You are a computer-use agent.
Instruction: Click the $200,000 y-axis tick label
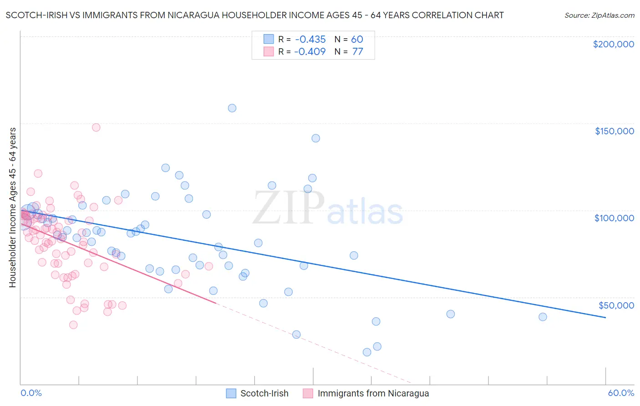[x=613, y=44]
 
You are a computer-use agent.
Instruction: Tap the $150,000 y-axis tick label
[x=614, y=131]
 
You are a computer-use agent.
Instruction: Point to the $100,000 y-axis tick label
[x=614, y=218]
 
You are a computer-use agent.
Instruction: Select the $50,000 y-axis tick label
[x=616, y=305]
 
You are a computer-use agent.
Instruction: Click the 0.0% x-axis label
[x=31, y=393]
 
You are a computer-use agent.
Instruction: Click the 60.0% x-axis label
[x=621, y=393]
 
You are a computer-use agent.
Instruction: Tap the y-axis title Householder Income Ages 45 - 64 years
[x=13, y=208]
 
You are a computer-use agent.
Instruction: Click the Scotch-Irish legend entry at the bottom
[x=264, y=393]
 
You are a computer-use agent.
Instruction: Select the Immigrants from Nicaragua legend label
[x=373, y=393]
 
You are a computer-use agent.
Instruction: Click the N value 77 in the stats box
[x=357, y=51]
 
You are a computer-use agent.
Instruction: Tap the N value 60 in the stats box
[x=357, y=40]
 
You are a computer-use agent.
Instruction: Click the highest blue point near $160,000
[x=232, y=108]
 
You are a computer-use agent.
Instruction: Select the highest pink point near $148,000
[x=96, y=127]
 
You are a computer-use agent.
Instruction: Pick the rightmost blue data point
[x=543, y=317]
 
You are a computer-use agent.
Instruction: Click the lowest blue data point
[x=367, y=352]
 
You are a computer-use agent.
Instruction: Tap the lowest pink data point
[x=73, y=325]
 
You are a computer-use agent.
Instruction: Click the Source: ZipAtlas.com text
[x=599, y=15]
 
